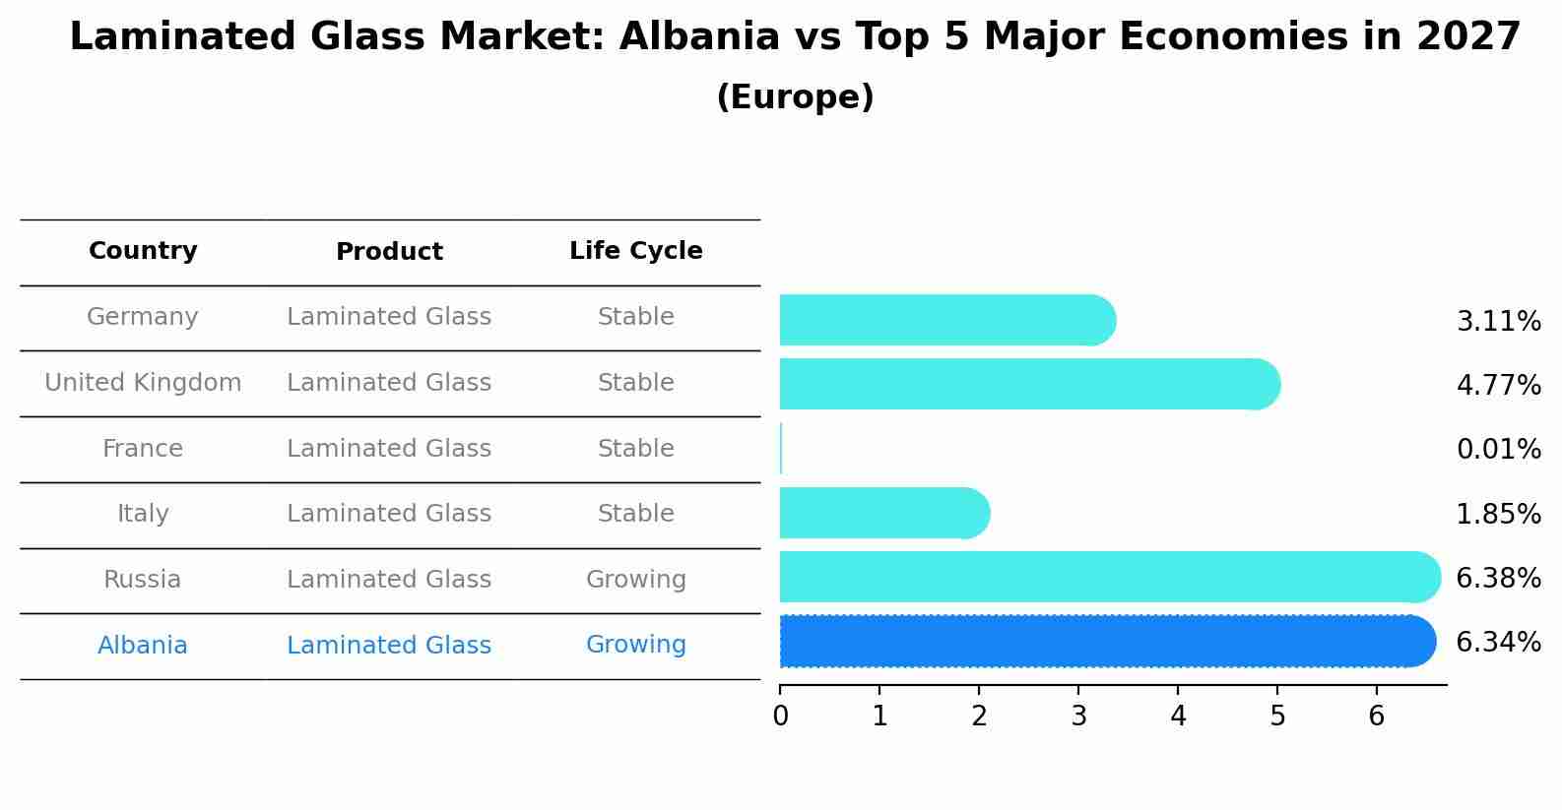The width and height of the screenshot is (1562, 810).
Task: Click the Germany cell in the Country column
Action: (143, 317)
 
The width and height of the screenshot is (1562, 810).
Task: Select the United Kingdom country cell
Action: (143, 383)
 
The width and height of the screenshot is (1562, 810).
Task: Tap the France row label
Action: (143, 449)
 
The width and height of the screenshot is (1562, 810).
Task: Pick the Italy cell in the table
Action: (143, 514)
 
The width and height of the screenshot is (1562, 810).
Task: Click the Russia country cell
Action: (143, 580)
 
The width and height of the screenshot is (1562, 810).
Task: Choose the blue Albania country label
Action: (143, 646)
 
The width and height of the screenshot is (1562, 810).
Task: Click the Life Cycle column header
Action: (635, 251)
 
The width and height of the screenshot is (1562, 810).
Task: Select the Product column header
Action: (389, 252)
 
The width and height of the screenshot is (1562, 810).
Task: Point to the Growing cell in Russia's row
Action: (635, 580)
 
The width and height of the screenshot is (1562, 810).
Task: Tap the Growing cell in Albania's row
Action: (635, 645)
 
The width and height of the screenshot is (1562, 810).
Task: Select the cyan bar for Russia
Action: (1103, 577)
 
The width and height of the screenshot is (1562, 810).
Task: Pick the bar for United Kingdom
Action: (1024, 384)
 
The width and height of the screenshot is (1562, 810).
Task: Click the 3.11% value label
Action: (1498, 322)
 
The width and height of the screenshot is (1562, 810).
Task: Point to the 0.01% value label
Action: (1498, 450)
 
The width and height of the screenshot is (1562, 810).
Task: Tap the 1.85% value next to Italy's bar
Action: (1498, 515)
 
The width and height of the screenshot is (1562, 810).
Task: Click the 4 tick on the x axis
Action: (1178, 717)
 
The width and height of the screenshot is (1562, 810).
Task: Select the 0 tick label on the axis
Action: (780, 717)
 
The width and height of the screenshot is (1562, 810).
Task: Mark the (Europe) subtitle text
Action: (795, 97)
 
